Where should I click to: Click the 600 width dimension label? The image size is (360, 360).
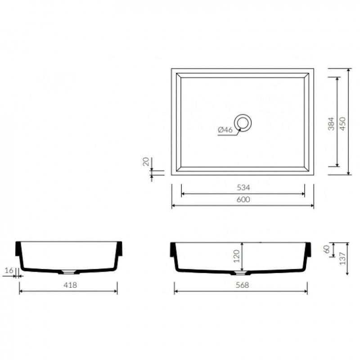click(x=243, y=199)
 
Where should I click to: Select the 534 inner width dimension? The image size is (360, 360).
click(x=243, y=188)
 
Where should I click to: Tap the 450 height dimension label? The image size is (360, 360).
click(x=342, y=124)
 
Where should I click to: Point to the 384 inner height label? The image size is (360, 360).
click(x=331, y=124)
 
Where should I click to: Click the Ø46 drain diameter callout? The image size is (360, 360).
click(x=225, y=130)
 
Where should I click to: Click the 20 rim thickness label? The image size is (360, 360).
click(x=146, y=162)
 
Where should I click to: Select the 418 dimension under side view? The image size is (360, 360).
click(x=70, y=285)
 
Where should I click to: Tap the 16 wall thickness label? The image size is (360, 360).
click(x=9, y=270)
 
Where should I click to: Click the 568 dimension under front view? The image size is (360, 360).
click(x=243, y=285)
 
